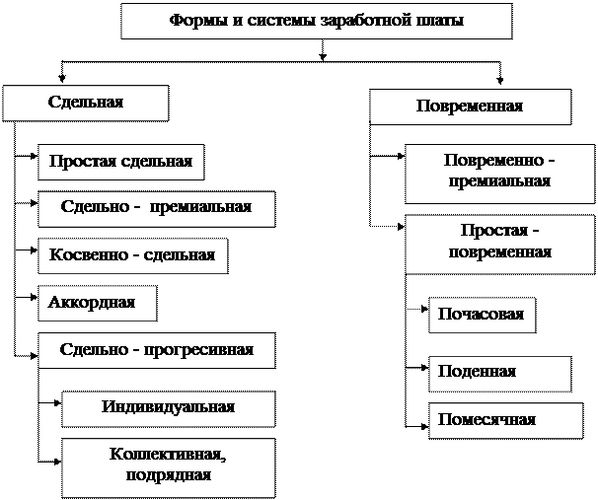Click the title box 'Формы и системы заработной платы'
point(317,21)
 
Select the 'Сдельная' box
point(86,104)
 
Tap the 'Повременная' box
point(471,107)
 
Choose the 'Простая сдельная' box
point(121,162)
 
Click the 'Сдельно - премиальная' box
point(157,209)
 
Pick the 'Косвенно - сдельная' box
point(133,256)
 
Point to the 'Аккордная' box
point(98,304)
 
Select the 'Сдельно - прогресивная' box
point(157,351)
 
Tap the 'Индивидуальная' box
point(169,409)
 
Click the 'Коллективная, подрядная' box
point(169,468)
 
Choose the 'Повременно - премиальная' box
point(500,174)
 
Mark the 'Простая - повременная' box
point(500,245)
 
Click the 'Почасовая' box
point(483,316)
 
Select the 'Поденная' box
point(500,374)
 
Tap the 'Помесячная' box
point(506,421)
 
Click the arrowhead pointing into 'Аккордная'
point(35,297)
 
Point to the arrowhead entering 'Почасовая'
point(425,309)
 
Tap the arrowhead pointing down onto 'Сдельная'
point(62,79)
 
